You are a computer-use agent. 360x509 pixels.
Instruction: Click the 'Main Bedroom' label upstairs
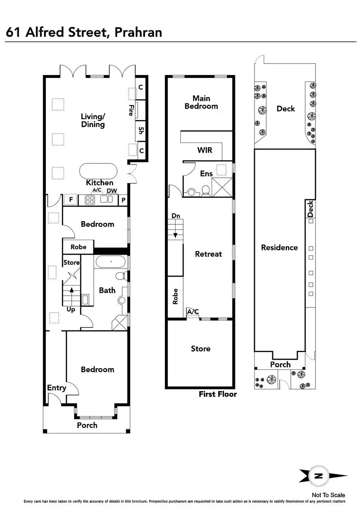pos(201,102)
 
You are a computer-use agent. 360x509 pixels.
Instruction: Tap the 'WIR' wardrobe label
pos(204,150)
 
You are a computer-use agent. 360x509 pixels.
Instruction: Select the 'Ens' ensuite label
pos(206,173)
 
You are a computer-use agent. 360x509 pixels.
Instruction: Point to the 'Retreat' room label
pos(208,254)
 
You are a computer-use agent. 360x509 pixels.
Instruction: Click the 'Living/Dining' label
pos(93,120)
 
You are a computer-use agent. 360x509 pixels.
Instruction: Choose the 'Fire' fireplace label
pos(131,110)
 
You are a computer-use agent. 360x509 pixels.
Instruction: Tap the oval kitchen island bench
pos(98,172)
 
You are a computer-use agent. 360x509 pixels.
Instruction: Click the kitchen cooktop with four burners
pos(91,199)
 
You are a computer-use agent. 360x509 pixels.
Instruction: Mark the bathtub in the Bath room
pos(110,262)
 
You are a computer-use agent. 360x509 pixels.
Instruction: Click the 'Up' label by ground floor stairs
pos(71,310)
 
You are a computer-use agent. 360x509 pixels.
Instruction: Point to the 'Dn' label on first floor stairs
pos(176,216)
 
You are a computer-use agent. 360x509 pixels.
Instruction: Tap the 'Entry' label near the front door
pos(56,388)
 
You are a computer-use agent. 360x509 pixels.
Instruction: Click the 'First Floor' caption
pos(218,394)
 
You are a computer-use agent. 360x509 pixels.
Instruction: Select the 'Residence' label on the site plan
pos(279,247)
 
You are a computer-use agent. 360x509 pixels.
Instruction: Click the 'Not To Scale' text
pos(328,495)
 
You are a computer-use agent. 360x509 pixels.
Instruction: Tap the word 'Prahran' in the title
pos(138,32)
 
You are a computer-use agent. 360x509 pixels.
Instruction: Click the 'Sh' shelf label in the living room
pos(141,130)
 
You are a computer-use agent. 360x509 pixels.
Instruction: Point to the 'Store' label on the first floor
pos(201,349)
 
